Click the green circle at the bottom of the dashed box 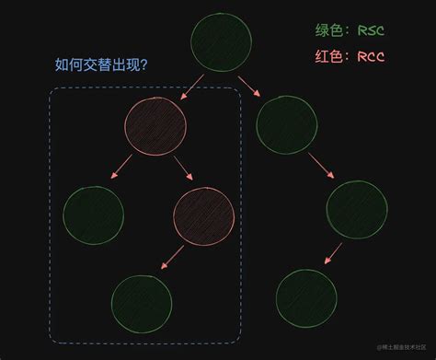[x=142, y=303]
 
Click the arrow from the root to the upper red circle [x=192, y=87]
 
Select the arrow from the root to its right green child [x=249, y=88]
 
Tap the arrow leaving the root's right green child [x=321, y=166]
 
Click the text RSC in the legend [x=369, y=30]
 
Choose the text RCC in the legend [x=369, y=56]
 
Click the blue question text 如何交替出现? [x=102, y=65]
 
